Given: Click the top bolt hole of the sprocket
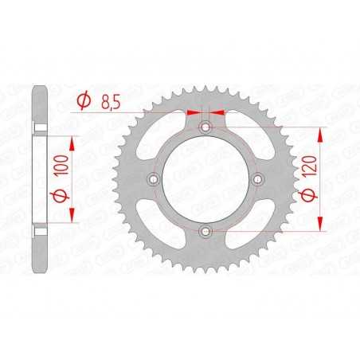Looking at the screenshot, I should pos(205,127).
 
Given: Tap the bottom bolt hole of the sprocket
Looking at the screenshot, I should pos(205,231).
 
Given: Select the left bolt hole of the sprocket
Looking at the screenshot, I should pos(154,179).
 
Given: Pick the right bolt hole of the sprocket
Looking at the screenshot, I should pos(257,179).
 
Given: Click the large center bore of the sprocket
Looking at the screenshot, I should pos(205,179).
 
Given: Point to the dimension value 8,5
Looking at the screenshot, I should pos(108,100).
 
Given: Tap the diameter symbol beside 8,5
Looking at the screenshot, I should pos(83,101).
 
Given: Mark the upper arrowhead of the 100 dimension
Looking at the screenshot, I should pos(73,141).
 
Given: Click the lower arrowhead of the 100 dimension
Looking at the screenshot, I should pos(73,217).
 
